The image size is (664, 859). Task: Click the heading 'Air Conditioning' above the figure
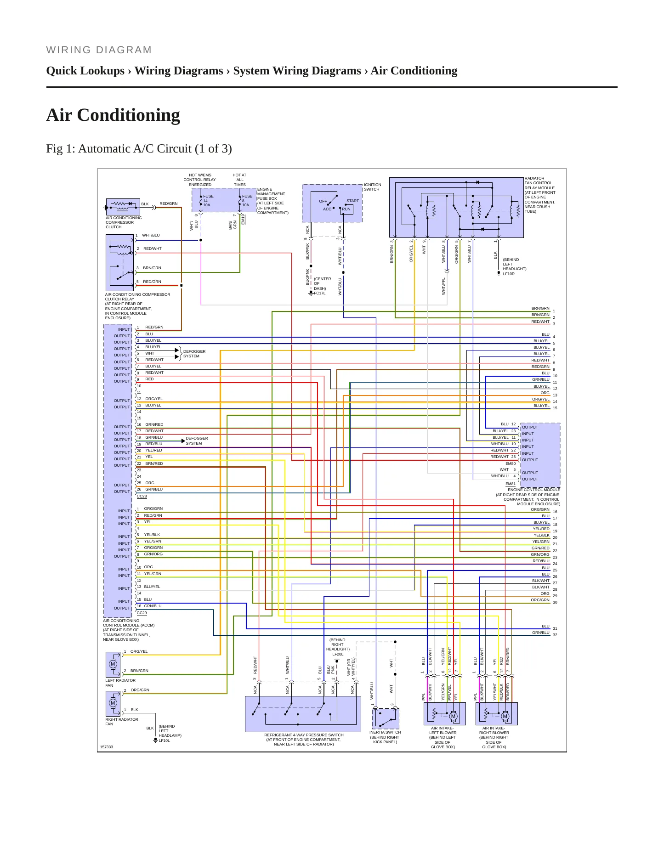pyautogui.click(x=113, y=115)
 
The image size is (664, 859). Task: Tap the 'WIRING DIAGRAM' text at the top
pyautogui.click(x=99, y=50)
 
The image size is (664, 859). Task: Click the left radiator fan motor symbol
pyautogui.click(x=113, y=664)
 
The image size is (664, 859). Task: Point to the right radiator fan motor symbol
pyautogui.click(x=113, y=703)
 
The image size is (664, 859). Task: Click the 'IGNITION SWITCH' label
pyautogui.click(x=373, y=187)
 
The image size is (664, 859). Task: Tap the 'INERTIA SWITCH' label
pyautogui.click(x=385, y=732)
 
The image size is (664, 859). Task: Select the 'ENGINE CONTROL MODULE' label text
pyautogui.click(x=534, y=490)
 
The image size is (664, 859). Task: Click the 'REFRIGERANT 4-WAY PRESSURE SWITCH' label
pyautogui.click(x=304, y=735)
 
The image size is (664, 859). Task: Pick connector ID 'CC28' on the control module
pyautogui.click(x=142, y=496)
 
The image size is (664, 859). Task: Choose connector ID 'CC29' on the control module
pyautogui.click(x=142, y=613)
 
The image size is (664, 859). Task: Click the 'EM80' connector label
pyautogui.click(x=511, y=463)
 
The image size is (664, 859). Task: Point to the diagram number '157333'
pyautogui.click(x=107, y=747)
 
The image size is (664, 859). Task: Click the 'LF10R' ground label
pyautogui.click(x=509, y=274)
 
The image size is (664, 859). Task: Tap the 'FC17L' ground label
pyautogui.click(x=320, y=293)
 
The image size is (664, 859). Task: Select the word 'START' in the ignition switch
pyautogui.click(x=353, y=201)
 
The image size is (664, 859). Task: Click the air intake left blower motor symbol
pyautogui.click(x=453, y=716)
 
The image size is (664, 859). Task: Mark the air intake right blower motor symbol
pyautogui.click(x=505, y=716)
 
